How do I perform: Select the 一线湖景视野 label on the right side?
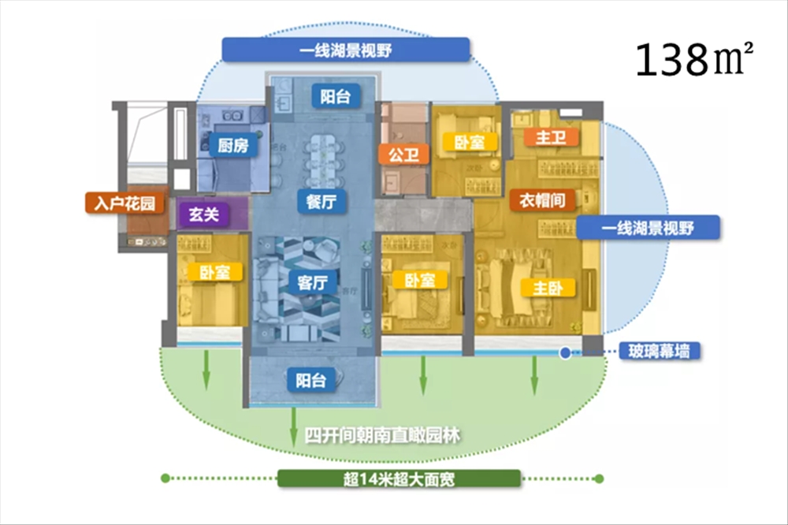(649, 229)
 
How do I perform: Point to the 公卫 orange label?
(403, 154)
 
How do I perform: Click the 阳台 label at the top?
(329, 96)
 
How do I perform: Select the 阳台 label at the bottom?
(311, 380)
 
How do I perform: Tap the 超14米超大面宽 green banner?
(399, 479)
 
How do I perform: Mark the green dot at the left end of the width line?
(165, 478)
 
